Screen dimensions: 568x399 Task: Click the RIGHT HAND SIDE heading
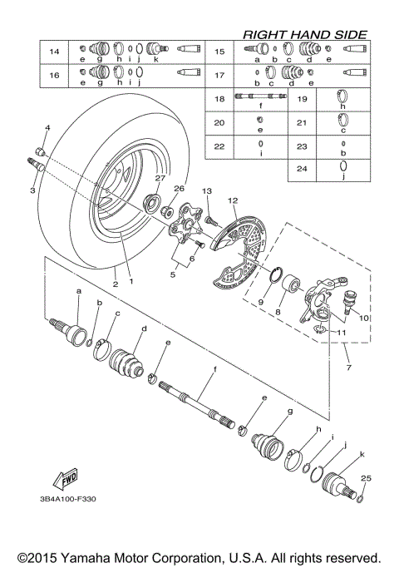click(x=303, y=34)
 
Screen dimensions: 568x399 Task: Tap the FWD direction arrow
click(x=63, y=480)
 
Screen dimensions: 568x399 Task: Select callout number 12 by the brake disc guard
click(x=234, y=200)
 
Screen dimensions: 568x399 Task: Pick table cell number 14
click(x=55, y=52)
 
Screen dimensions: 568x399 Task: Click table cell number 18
click(x=219, y=99)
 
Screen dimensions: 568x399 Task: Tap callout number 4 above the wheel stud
click(x=47, y=128)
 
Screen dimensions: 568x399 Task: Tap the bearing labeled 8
click(x=293, y=294)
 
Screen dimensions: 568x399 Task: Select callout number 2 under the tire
click(x=115, y=284)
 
